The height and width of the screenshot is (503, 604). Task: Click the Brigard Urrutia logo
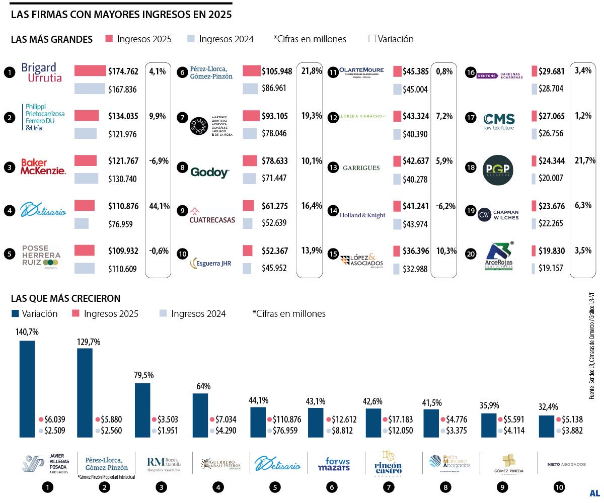click(x=42, y=72)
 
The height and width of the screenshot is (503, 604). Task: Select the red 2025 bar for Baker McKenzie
click(x=85, y=160)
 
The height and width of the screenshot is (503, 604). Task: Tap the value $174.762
click(x=123, y=71)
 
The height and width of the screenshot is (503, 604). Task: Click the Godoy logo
click(x=210, y=173)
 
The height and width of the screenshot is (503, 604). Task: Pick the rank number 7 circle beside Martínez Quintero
click(x=182, y=118)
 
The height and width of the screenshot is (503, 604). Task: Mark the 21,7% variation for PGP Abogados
click(x=585, y=161)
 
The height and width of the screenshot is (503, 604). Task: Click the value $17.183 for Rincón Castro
click(x=399, y=420)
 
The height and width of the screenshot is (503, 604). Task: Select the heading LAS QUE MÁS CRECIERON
click(x=65, y=298)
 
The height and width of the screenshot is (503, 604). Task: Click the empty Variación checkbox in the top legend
click(x=372, y=39)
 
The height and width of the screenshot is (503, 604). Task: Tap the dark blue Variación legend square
click(x=15, y=314)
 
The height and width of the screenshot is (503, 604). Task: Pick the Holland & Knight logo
click(x=362, y=215)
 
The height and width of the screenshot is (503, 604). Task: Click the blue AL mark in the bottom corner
click(x=594, y=492)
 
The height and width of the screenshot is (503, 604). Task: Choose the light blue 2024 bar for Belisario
click(x=81, y=223)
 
